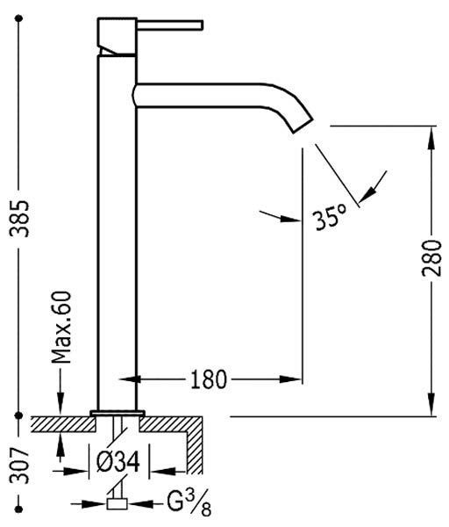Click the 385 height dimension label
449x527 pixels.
pyautogui.click(x=19, y=219)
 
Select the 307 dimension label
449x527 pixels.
pyautogui.click(x=19, y=465)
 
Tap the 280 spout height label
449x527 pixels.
pyautogui.click(x=431, y=257)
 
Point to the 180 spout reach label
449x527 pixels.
pyautogui.click(x=209, y=379)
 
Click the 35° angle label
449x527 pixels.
pyautogui.click(x=331, y=218)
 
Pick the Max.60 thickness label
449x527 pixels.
pyautogui.click(x=61, y=328)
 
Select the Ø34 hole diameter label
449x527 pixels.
pyautogui.click(x=118, y=461)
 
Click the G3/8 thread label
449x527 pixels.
pyautogui.click(x=189, y=503)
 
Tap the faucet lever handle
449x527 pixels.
pyautogui.click(x=170, y=25)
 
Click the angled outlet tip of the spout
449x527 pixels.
pyautogui.click(x=303, y=126)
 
